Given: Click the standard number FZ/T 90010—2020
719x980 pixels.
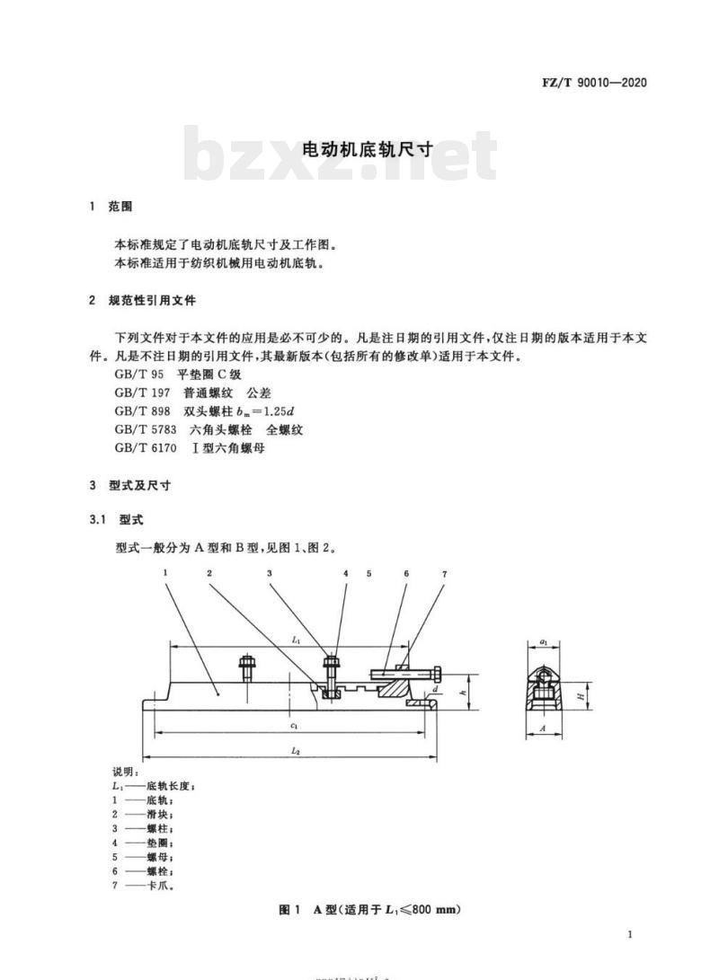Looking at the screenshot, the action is (594, 83).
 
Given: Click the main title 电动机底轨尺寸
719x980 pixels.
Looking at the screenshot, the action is (368, 149).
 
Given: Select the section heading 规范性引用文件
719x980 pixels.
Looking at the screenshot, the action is (152, 301).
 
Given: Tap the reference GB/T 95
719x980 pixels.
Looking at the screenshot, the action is (138, 375).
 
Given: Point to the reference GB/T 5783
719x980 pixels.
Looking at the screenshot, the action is (145, 429).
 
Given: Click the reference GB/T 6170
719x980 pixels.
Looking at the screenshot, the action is (145, 448).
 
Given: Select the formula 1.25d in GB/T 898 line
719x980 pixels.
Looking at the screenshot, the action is (277, 411).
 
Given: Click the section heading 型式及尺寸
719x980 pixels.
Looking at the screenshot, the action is (139, 486).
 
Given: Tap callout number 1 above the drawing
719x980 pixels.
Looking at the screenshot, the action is (165, 572).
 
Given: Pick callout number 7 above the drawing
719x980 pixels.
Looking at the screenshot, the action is (445, 574).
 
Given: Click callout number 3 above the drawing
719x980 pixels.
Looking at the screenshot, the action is (270, 573).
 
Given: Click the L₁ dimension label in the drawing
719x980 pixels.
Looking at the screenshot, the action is (297, 640).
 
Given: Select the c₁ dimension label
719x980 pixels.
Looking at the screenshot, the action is (293, 726).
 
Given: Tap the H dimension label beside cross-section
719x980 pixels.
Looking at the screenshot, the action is (581, 695).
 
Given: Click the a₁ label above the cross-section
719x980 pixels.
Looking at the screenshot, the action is (544, 642).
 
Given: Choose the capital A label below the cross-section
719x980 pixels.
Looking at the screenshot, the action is (542, 728).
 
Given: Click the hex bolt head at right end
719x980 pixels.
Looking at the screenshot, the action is (437, 675).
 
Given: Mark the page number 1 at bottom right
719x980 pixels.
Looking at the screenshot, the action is (630, 934).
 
